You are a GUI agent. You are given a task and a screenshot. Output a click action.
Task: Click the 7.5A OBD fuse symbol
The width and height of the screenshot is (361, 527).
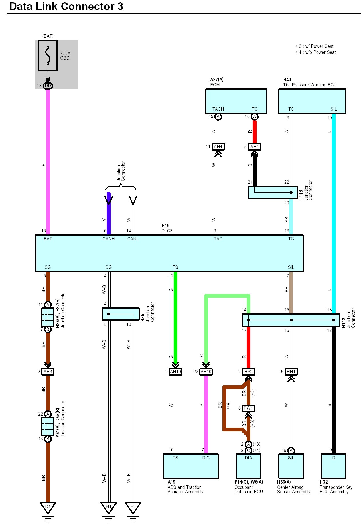pyautogui.click(x=48, y=56)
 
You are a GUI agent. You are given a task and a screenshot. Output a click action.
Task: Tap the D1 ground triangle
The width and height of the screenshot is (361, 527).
pyautogui.click(x=48, y=508)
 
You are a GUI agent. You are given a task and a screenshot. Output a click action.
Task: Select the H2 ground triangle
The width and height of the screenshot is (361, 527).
pyautogui.click(x=133, y=508)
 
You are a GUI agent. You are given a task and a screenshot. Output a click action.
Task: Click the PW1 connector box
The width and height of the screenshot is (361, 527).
pyautogui.click(x=248, y=408)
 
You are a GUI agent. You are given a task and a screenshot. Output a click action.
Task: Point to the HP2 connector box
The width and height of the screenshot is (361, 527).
pyautogui.click(x=248, y=372)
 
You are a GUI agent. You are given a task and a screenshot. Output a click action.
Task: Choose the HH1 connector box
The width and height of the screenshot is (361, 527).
pyautogui.click(x=291, y=372)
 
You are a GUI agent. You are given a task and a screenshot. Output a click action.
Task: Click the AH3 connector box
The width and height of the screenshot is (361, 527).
pyautogui.click(x=48, y=372)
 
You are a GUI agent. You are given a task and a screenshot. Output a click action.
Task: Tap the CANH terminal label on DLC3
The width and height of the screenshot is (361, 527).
pyautogui.click(x=109, y=239)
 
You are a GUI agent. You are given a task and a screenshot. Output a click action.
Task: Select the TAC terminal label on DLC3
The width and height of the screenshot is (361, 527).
pyautogui.click(x=218, y=239)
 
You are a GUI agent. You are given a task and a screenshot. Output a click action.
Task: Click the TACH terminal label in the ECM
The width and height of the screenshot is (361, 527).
pyautogui.click(x=218, y=109)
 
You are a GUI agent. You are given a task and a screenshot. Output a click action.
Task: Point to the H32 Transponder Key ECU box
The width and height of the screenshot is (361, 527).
pyautogui.click(x=334, y=466)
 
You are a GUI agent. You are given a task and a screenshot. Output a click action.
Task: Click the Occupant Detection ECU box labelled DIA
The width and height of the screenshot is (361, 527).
pyautogui.click(x=248, y=466)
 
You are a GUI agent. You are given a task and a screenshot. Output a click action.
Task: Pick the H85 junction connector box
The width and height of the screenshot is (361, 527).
pyautogui.click(x=121, y=314)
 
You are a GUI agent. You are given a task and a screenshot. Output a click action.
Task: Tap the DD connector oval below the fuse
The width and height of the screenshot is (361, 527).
pyautogui.click(x=48, y=86)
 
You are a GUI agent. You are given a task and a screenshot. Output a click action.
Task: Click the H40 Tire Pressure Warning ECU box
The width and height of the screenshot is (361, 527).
pyautogui.click(x=312, y=101)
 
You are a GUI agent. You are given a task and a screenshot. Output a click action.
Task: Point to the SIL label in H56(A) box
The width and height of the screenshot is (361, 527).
pyautogui.click(x=291, y=458)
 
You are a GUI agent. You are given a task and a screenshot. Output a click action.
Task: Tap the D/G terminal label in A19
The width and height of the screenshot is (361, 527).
pyautogui.click(x=206, y=458)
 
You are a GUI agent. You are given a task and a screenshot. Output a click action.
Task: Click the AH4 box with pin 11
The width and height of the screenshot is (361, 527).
pyautogui.click(x=218, y=147)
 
